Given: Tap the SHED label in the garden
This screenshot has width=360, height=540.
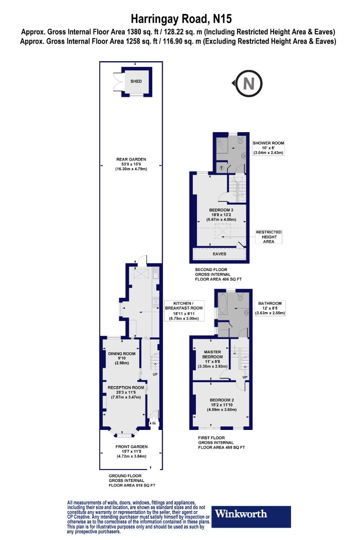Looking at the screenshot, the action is (x=136, y=81).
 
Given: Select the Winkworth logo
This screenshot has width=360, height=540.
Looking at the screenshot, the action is (x=251, y=516).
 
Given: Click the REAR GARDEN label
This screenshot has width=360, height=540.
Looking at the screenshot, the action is (x=131, y=164).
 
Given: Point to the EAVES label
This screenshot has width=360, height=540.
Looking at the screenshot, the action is (x=220, y=254).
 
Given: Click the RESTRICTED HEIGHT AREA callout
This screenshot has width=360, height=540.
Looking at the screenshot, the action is (x=268, y=237).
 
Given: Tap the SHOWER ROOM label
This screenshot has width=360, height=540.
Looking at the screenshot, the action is (x=268, y=148).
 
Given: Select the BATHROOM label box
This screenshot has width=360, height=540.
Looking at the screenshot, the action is (x=270, y=308).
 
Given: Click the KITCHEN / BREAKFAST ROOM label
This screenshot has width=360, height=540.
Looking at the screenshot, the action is (x=184, y=311).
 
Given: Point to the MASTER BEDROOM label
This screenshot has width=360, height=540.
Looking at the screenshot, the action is (x=212, y=359).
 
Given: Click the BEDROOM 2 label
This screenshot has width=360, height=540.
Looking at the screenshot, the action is (x=222, y=405).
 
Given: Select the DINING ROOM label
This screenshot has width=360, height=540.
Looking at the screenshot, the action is (x=121, y=358).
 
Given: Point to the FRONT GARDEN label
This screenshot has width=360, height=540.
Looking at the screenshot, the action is (x=132, y=452).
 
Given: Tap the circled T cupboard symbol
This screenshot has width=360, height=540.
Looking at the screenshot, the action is (x=222, y=168).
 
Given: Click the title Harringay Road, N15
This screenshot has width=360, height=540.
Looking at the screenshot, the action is (x=181, y=18).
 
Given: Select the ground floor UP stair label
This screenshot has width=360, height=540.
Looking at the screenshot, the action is (x=155, y=374).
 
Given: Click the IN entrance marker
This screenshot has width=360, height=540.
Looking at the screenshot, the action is (x=153, y=423).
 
